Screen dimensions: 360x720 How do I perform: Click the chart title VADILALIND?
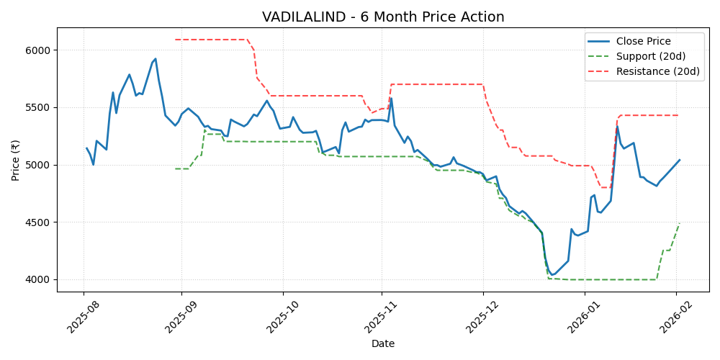(383, 17)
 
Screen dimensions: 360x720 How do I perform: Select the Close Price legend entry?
(643, 41)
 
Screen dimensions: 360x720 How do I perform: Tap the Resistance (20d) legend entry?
(658, 71)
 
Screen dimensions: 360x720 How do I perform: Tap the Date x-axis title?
(383, 343)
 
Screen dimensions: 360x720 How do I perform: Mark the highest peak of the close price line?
(156, 59)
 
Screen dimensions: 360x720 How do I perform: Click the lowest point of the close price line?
(552, 275)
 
